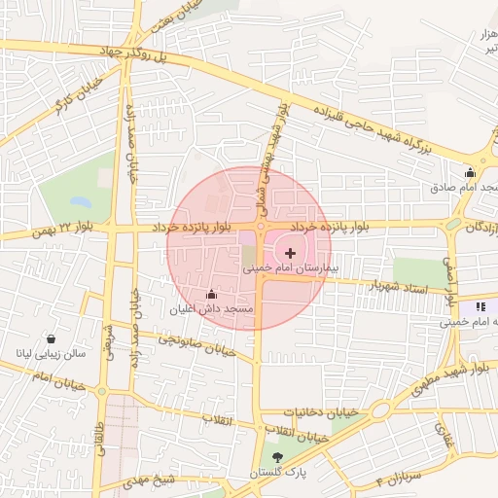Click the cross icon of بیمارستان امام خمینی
tap(291, 253)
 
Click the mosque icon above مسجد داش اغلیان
tap(211, 293)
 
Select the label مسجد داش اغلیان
tap(211, 309)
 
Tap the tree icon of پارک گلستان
tap(277, 457)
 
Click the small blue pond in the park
tap(80, 203)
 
